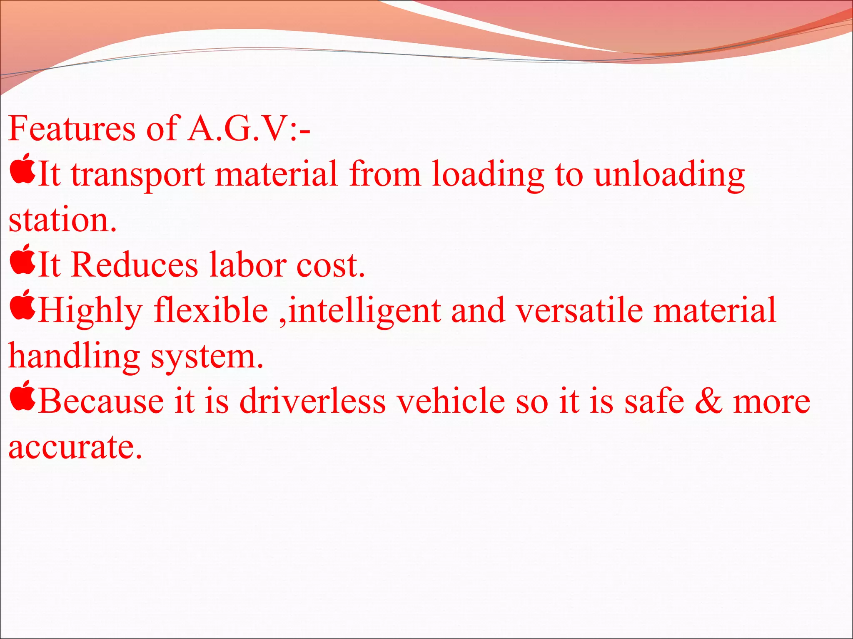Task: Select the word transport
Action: click(138, 175)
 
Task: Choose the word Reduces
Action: click(135, 265)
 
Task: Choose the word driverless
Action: click(313, 401)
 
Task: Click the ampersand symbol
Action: click(708, 401)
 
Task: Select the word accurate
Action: click(75, 447)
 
